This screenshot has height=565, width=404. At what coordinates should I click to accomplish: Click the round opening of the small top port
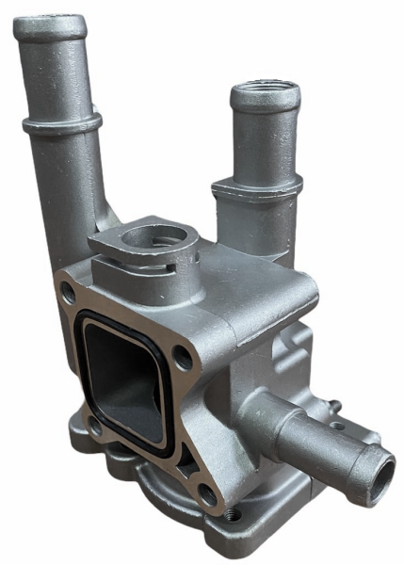[x=151, y=235]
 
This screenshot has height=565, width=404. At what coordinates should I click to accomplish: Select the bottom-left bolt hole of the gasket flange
[x=94, y=426]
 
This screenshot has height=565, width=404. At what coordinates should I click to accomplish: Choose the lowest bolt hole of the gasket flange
[x=205, y=493]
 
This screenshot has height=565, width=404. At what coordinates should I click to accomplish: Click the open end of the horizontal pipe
[x=378, y=475]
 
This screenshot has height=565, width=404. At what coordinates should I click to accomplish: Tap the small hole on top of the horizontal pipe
[x=335, y=426]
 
